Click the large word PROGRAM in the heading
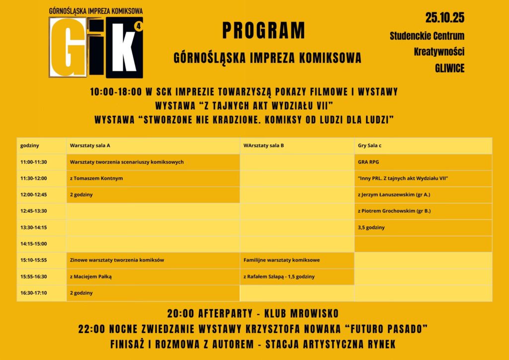tap(263, 31)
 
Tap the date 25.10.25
tap(444, 18)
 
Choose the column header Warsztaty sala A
tap(90, 146)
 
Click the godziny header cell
tap(30, 146)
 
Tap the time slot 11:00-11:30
tap(34, 162)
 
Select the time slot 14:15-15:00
tap(34, 244)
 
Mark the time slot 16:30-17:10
tap(34, 293)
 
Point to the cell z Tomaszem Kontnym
tap(96, 179)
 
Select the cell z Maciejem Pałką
tap(91, 276)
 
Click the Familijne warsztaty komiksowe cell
tap(281, 260)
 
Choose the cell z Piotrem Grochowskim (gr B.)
tap(394, 211)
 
